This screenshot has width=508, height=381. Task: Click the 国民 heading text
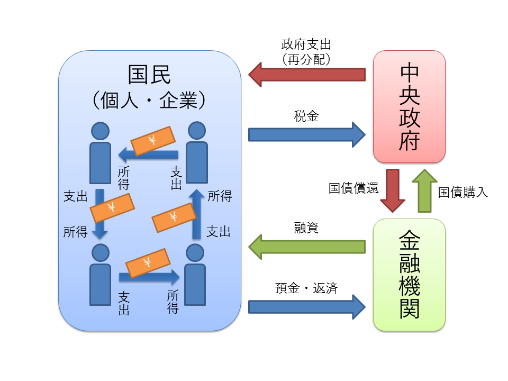tap(150, 75)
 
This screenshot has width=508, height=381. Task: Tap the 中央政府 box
tap(409, 106)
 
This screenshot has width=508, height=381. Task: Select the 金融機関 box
tap(409, 275)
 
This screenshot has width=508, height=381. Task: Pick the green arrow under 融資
tap(307, 247)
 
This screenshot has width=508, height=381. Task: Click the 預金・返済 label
tap(306, 288)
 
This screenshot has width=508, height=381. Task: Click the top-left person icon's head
tap(100, 131)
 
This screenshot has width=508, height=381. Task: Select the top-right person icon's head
tap(196, 131)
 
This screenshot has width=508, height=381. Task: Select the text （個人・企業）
tap(150, 101)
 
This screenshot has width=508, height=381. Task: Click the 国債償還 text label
tap(353, 189)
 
